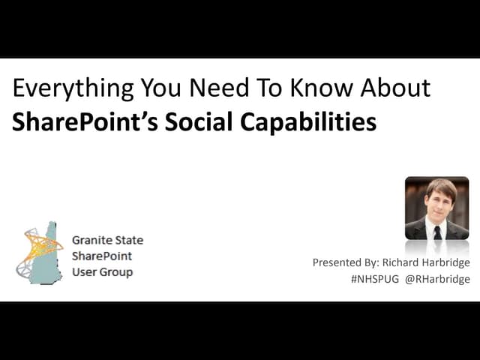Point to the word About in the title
click(x=394, y=88)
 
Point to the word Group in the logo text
click(x=116, y=272)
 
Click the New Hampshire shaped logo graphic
click(x=41, y=252)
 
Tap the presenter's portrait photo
click(x=436, y=208)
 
